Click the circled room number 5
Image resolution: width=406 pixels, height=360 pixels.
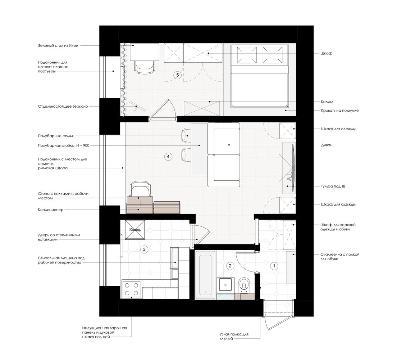(x=177, y=75)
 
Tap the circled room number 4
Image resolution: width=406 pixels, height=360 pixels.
(x=168, y=157)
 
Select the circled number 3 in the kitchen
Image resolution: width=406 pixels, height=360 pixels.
(x=144, y=249)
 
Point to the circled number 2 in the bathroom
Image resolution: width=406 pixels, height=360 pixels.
(x=230, y=266)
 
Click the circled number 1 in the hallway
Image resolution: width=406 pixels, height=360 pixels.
(x=274, y=266)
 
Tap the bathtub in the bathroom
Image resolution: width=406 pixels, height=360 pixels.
(x=205, y=275)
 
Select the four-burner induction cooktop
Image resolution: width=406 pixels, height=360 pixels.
(x=131, y=289)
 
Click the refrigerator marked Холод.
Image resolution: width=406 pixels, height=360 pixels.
(x=134, y=230)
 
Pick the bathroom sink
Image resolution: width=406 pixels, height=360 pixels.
(x=227, y=284)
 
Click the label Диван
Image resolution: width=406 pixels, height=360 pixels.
(x=327, y=145)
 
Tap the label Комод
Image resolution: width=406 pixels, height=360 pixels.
(x=327, y=102)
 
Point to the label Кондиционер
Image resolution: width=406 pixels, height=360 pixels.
(x=51, y=210)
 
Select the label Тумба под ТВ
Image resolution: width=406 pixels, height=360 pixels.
(x=333, y=186)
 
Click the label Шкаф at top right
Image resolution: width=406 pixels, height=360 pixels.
(x=326, y=53)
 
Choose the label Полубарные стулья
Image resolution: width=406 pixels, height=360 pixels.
(x=56, y=136)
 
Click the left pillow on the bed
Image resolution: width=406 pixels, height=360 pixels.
(x=247, y=55)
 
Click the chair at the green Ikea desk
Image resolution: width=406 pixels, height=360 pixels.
(x=145, y=67)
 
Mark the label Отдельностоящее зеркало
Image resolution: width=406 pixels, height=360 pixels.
(x=63, y=107)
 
